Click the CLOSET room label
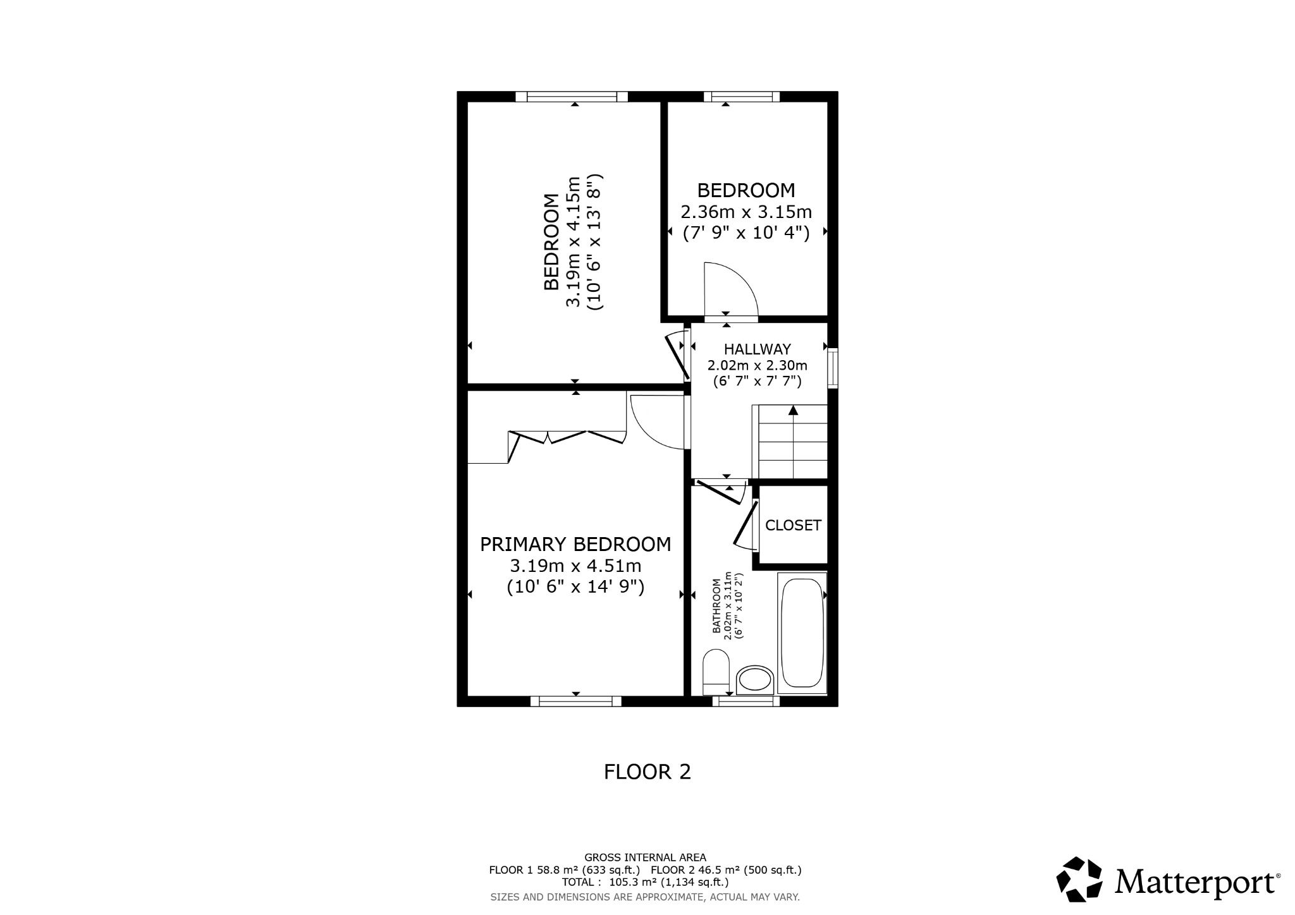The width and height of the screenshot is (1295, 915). click(793, 525)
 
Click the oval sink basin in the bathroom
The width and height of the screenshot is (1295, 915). click(755, 681)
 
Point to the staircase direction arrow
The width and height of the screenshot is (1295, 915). click(793, 411)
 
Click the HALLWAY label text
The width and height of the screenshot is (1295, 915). click(757, 349)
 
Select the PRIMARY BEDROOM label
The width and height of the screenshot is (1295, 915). click(575, 544)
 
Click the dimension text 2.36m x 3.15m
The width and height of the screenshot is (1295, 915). click(746, 212)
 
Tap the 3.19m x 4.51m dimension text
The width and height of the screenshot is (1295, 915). click(575, 566)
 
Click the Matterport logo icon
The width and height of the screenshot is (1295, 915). click(1080, 879)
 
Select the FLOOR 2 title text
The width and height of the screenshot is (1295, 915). click(647, 772)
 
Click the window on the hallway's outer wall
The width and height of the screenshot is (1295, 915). click(833, 367)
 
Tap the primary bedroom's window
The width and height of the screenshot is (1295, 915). click(575, 701)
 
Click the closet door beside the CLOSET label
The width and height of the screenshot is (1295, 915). click(746, 523)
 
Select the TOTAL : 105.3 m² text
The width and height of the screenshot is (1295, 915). click(645, 882)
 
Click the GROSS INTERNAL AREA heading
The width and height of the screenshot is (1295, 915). click(645, 857)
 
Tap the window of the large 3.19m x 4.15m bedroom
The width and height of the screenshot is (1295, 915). click(572, 97)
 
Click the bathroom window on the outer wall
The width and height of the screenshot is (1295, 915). click(746, 701)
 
